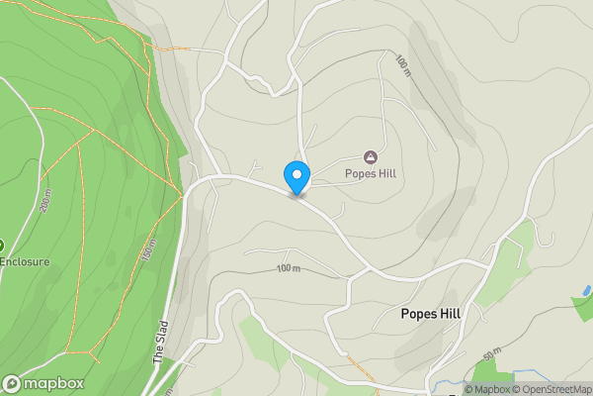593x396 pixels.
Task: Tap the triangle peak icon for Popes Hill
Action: click(x=371, y=156)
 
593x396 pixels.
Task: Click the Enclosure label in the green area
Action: click(x=25, y=262)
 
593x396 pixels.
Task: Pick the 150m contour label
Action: click(x=150, y=252)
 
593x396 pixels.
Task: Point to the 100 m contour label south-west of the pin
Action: click(x=288, y=268)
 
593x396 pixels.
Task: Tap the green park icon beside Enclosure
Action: click(x=2, y=245)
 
